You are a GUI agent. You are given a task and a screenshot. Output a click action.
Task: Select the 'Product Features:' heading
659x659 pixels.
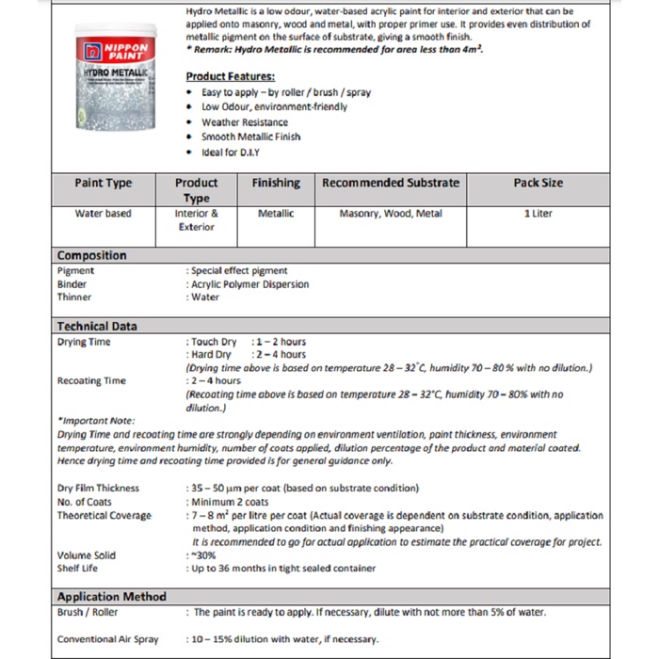coord(230,76)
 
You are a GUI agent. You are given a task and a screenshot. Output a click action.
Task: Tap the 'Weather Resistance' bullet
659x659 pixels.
coord(244,122)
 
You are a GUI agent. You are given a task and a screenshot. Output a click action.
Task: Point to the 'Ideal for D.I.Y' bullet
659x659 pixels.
coord(230,152)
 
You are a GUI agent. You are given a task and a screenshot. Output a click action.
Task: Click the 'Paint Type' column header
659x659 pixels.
coord(104,183)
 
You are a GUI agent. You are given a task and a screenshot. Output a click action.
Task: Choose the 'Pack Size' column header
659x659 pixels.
coord(538,183)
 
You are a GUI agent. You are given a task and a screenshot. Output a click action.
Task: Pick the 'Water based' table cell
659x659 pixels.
coord(104,214)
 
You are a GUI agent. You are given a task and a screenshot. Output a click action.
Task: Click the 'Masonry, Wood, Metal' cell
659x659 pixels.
coord(390,214)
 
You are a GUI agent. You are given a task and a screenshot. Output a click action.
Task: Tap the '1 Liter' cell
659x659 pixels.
coord(538,214)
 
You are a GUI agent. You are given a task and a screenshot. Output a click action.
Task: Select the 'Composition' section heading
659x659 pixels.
coord(91,255)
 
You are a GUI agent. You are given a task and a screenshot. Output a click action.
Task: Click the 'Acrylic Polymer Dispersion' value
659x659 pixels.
coord(249,283)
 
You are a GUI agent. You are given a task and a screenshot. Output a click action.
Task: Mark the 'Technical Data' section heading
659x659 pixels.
coord(96,327)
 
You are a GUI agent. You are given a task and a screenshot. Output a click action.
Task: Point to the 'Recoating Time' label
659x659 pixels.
coord(91,381)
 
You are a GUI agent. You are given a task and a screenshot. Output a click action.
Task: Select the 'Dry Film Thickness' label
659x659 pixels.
coord(98,488)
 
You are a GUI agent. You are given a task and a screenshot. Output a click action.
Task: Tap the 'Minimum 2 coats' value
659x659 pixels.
coord(230,502)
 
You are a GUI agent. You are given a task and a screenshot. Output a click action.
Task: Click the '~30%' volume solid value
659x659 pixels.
coord(203,555)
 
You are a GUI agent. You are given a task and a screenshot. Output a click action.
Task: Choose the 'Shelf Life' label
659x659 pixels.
coord(77,569)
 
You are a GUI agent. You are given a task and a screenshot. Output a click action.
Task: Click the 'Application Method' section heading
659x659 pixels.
coord(111,597)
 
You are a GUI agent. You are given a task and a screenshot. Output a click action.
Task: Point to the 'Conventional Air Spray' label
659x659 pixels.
coord(107,639)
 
